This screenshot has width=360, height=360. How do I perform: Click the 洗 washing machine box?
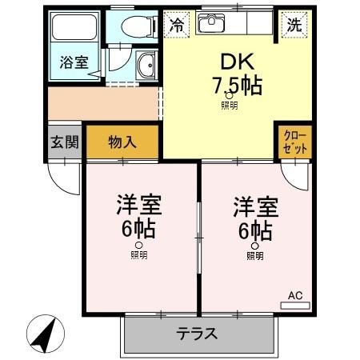[295, 25]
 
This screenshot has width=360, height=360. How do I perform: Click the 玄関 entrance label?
[65, 143]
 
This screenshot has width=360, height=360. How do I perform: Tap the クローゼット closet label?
[294, 143]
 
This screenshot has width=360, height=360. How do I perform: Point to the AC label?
[294, 296]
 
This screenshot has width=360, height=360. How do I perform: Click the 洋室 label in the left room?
[140, 206]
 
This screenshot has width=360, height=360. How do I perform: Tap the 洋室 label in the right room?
[254, 206]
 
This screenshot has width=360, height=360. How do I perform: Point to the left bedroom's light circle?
[139, 245]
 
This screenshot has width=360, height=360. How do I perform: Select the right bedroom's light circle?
[254, 245]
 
